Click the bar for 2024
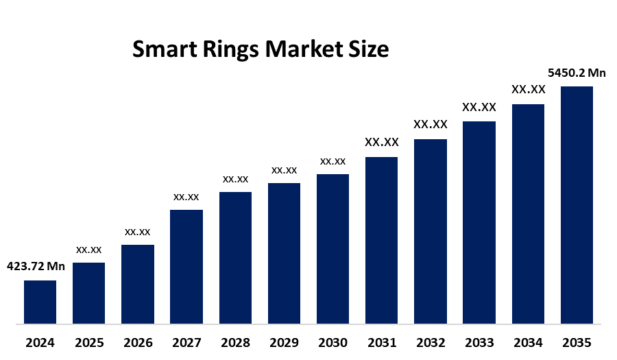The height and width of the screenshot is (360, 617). tap(40, 302)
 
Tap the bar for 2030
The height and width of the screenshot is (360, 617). tap(332, 248)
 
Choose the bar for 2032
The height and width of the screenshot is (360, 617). tap(431, 231)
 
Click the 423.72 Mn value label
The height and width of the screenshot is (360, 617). tap(36, 267)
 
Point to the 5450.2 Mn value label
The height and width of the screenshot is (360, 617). tap(577, 73)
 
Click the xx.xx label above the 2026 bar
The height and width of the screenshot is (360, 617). tap(137, 232)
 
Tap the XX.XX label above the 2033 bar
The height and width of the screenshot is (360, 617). tap(479, 107)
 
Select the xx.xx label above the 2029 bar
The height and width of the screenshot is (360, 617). tap(284, 170)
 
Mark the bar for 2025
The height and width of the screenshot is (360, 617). tap(88, 293)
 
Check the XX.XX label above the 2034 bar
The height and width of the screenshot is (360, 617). tap(528, 90)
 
